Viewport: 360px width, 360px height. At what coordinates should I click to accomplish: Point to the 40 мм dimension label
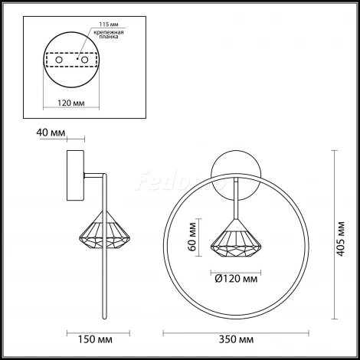(x=50, y=132)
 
